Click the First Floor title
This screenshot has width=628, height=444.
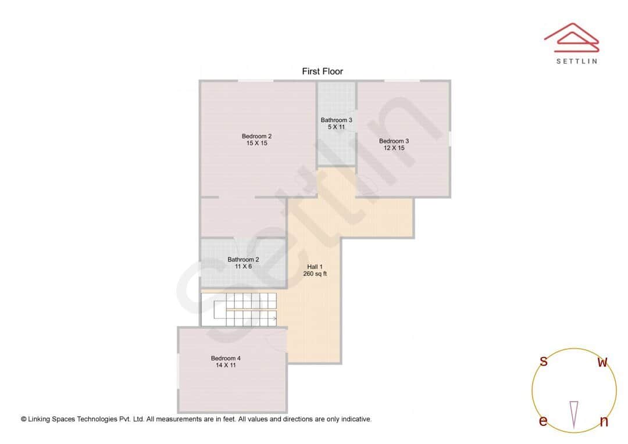click(x=322, y=71)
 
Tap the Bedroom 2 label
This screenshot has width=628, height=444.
click(x=256, y=137)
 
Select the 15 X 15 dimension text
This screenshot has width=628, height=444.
click(x=256, y=144)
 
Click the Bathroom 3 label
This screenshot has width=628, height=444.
click(x=336, y=120)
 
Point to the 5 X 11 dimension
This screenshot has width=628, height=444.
click(x=336, y=127)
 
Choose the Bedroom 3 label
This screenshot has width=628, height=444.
click(x=394, y=141)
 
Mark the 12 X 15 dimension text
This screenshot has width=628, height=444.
click(x=394, y=148)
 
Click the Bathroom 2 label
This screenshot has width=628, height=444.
click(x=243, y=260)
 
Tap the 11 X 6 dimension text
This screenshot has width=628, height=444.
click(x=243, y=267)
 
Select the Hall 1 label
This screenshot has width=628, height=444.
click(x=315, y=267)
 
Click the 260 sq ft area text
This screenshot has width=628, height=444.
click(x=315, y=274)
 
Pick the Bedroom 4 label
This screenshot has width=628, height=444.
click(x=226, y=359)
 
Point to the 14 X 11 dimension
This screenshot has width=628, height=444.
click(x=226, y=366)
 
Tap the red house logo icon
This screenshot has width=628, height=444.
click(x=571, y=36)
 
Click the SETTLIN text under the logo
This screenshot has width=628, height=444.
click(x=576, y=61)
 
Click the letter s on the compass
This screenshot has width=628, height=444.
click(x=544, y=361)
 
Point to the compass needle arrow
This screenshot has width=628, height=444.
click(x=574, y=413)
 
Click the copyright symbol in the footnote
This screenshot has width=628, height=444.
click(x=24, y=419)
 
